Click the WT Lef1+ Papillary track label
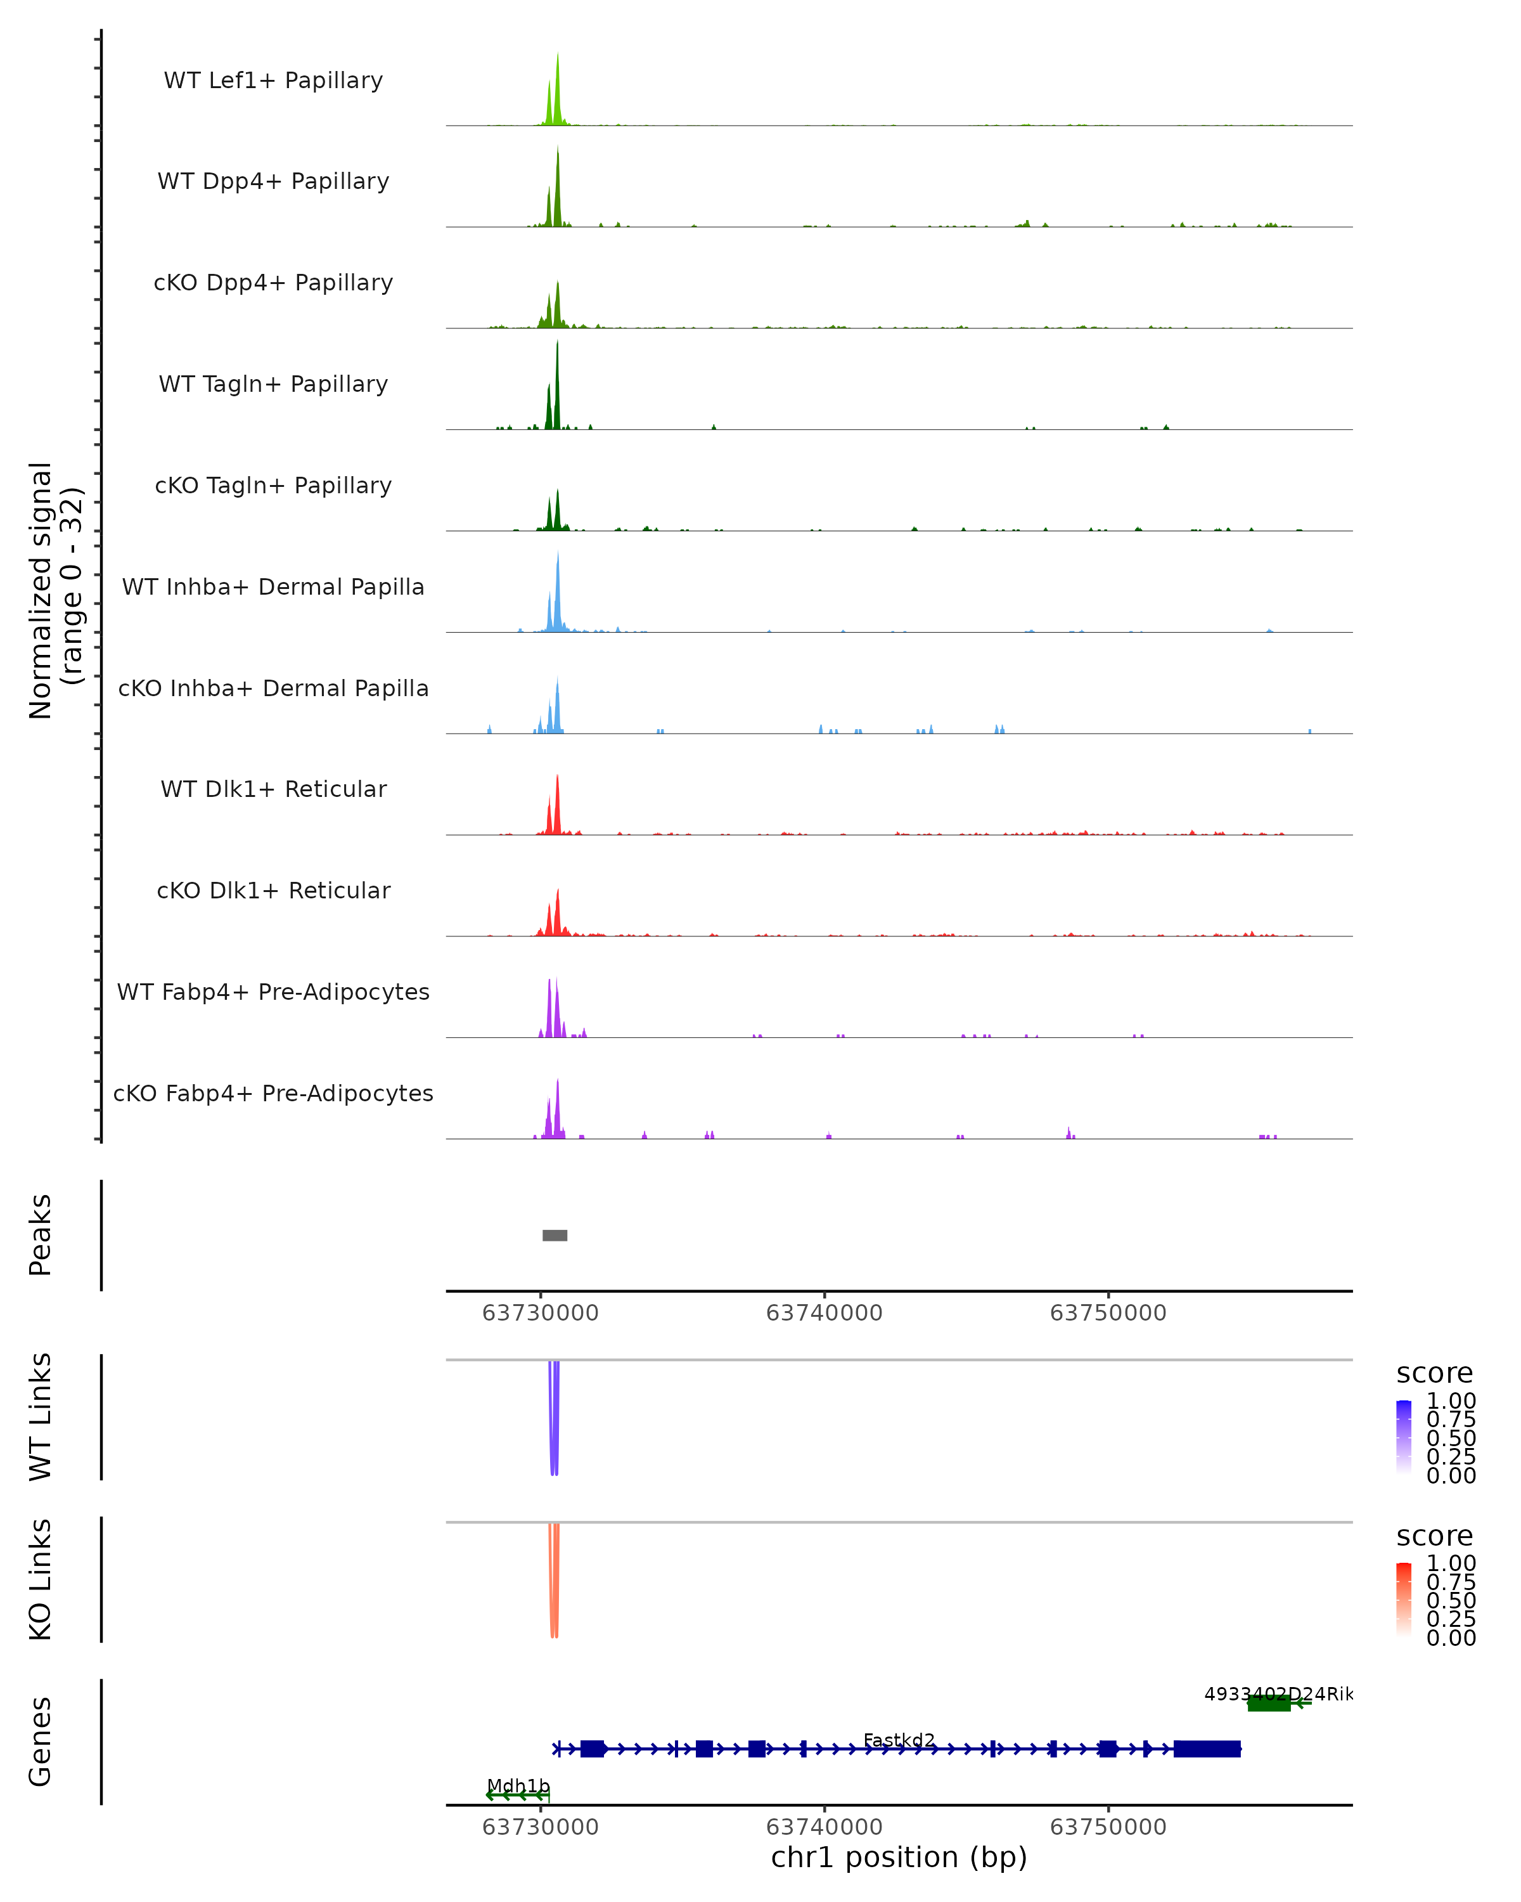(x=273, y=81)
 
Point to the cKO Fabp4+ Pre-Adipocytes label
(x=273, y=1093)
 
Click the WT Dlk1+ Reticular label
(x=273, y=789)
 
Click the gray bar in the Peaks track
(x=555, y=1235)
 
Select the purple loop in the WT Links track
(x=554, y=1420)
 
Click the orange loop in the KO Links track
(x=554, y=1584)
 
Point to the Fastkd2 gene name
(x=899, y=1740)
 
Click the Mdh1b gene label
(x=518, y=1785)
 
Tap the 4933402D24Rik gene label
(x=1278, y=1694)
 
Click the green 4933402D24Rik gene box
(x=1269, y=1703)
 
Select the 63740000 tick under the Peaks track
(x=825, y=1313)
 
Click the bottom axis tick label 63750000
(x=1108, y=1827)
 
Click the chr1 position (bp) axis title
(x=899, y=1858)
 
